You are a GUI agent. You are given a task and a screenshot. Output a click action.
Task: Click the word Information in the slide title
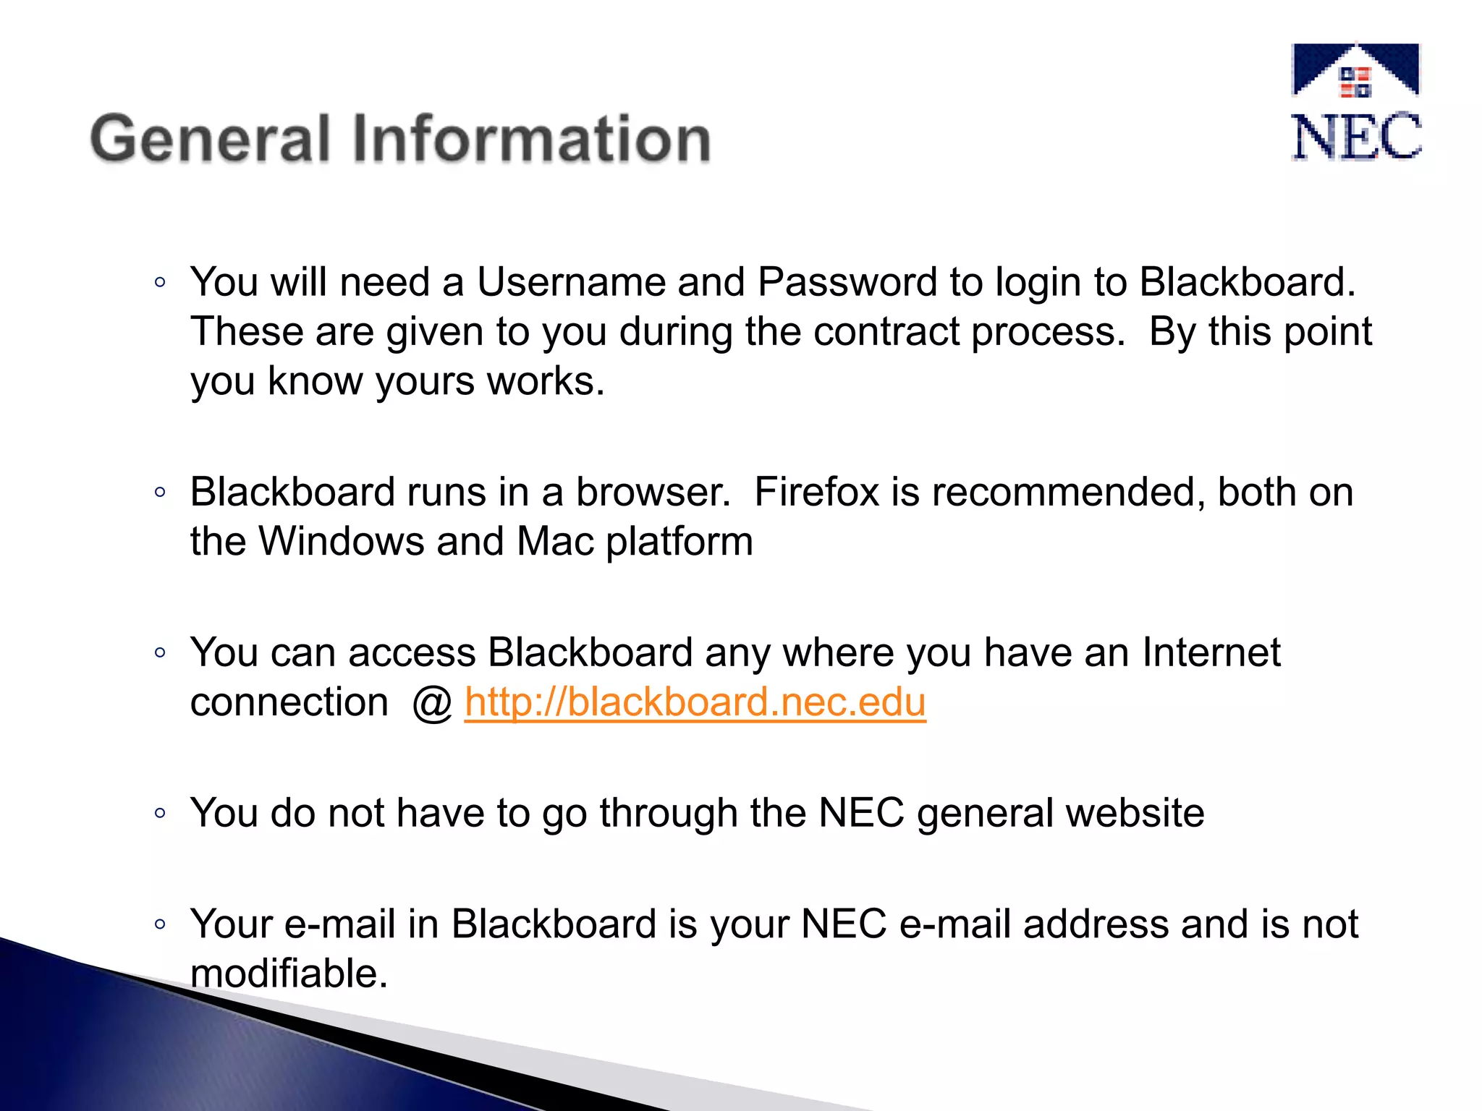(532, 139)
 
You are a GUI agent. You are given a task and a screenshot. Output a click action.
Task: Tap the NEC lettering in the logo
(1356, 137)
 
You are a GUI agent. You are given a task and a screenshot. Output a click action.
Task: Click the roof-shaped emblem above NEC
(1355, 70)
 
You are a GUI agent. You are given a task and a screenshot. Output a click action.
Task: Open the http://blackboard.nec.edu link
(695, 702)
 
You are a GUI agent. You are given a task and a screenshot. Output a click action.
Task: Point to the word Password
(847, 282)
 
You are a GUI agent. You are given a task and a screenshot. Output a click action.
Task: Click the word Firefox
(816, 493)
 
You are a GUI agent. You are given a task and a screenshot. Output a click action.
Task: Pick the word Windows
(342, 542)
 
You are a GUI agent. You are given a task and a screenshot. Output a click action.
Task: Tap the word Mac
(555, 542)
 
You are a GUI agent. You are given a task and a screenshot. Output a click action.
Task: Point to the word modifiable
(289, 974)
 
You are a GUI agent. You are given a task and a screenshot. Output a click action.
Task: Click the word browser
(653, 493)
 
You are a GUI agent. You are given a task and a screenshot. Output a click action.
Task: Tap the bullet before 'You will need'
(160, 283)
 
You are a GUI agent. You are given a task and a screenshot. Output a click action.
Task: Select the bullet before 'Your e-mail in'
(160, 924)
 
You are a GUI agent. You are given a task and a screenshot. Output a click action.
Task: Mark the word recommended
(1068, 493)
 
